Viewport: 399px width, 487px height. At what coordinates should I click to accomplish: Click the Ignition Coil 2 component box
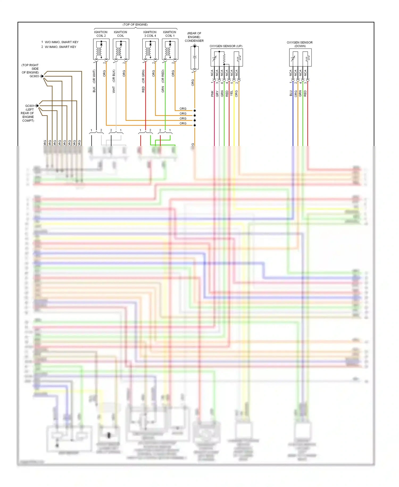(x=101, y=50)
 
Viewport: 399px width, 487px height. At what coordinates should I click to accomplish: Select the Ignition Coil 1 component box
(x=170, y=50)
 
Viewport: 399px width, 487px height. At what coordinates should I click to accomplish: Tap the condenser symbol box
(x=195, y=58)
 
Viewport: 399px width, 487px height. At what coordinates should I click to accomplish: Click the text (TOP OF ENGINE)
(x=135, y=25)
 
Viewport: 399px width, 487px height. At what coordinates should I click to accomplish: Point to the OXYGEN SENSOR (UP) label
(x=226, y=46)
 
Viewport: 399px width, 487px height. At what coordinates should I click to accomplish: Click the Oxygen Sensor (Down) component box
(x=300, y=57)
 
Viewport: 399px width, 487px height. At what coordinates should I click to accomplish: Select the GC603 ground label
(x=34, y=76)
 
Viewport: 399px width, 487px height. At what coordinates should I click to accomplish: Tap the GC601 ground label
(x=30, y=106)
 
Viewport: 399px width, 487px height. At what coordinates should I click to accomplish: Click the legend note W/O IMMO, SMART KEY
(x=61, y=42)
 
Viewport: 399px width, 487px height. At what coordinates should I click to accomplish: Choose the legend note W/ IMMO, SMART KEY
(x=60, y=47)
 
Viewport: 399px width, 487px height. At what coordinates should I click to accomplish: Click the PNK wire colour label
(x=212, y=94)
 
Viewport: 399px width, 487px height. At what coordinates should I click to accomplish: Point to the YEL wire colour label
(x=232, y=93)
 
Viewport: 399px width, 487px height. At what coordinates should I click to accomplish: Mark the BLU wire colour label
(x=291, y=93)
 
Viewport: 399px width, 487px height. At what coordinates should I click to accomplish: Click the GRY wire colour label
(x=217, y=94)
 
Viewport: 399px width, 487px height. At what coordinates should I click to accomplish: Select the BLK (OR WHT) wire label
(x=94, y=81)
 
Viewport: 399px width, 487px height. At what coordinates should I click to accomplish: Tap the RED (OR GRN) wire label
(x=143, y=81)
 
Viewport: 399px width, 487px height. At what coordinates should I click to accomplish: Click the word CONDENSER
(x=194, y=41)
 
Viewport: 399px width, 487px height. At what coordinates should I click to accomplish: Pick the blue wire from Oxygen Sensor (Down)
(x=293, y=120)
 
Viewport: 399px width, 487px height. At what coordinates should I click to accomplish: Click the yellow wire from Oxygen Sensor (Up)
(x=234, y=120)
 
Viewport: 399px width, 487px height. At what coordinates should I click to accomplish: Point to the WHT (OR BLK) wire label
(x=114, y=81)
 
